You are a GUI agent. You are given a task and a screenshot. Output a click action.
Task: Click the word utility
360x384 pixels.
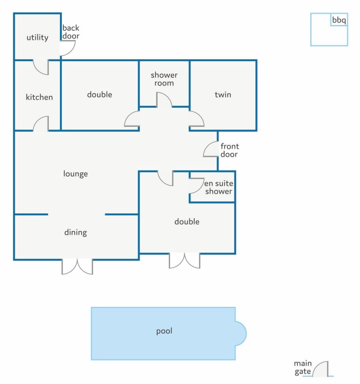click(37, 38)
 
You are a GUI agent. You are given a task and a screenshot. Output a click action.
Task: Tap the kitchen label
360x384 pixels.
click(39, 97)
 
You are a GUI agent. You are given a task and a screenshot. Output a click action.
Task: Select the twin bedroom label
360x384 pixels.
click(223, 95)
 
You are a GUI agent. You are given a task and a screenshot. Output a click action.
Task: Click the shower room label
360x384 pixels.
click(164, 79)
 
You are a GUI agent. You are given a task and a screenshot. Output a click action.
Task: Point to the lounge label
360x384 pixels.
click(75, 174)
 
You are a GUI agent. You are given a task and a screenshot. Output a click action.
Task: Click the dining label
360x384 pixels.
click(75, 232)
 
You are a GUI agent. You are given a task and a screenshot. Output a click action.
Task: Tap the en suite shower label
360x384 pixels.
click(219, 187)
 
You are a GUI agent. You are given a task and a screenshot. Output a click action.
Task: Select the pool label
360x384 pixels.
click(164, 331)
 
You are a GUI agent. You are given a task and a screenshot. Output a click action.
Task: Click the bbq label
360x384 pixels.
click(339, 20)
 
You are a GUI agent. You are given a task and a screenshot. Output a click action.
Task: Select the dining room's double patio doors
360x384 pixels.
click(77, 267)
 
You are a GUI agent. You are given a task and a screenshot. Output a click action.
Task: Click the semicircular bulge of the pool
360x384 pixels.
click(241, 333)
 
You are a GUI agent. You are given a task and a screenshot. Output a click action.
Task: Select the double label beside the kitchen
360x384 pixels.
click(100, 95)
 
